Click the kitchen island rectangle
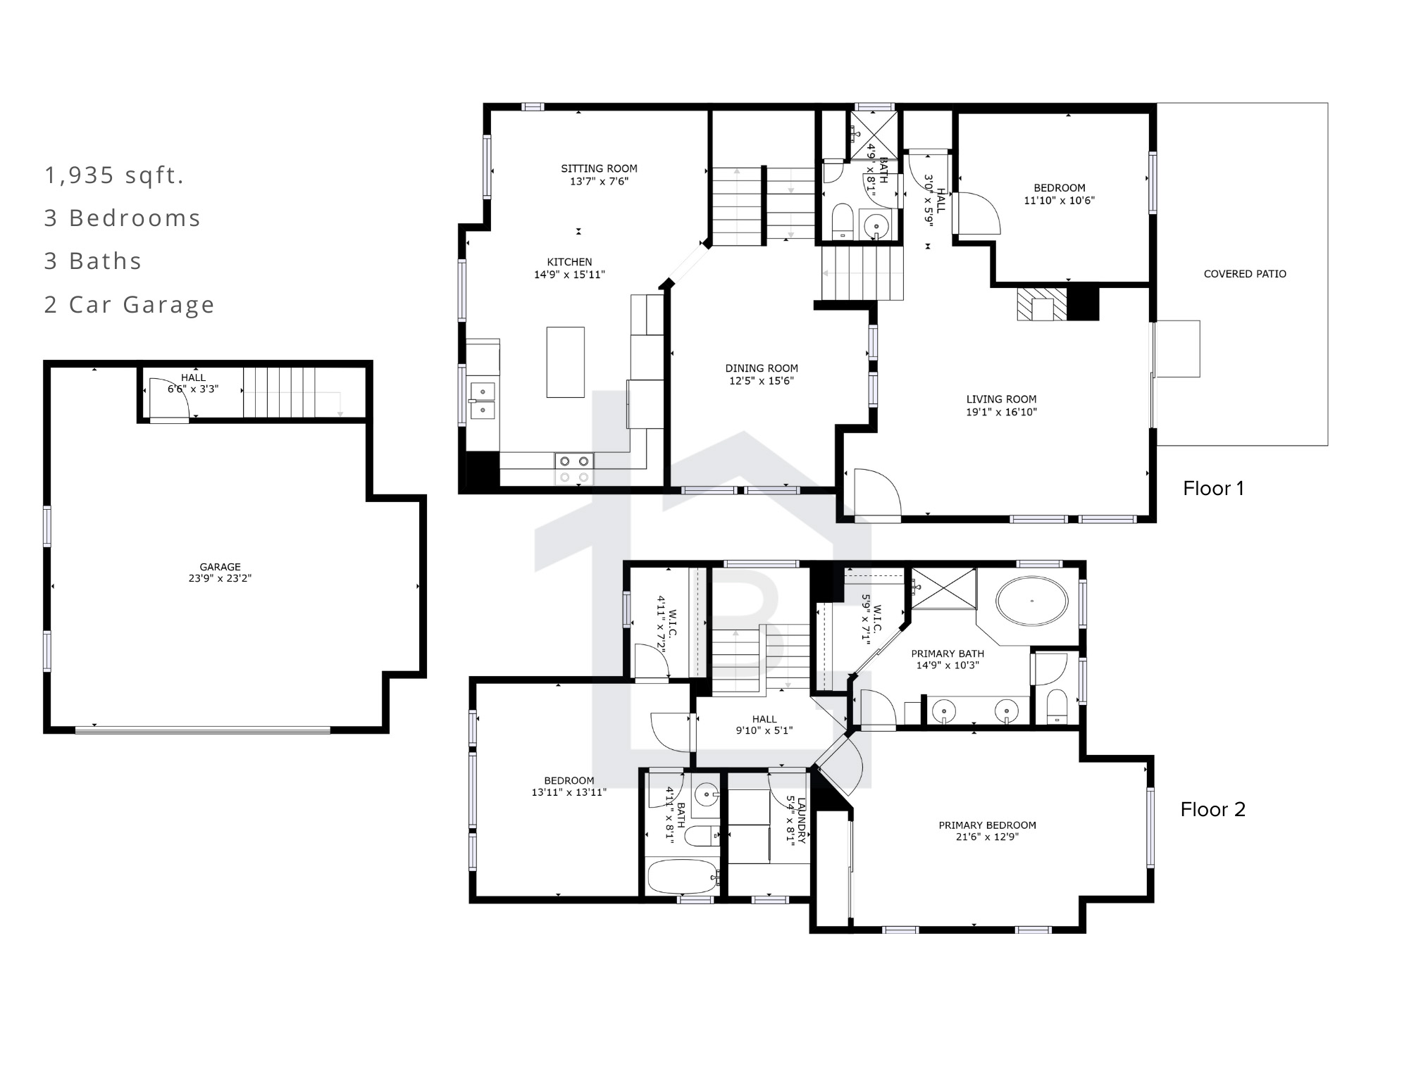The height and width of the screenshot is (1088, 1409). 565,362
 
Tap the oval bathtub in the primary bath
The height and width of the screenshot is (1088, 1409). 1031,601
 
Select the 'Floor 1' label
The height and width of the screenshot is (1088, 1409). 1213,488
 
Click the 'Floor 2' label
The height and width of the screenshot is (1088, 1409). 1213,809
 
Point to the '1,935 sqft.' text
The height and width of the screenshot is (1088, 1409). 114,175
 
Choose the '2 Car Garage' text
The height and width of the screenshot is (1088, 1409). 130,304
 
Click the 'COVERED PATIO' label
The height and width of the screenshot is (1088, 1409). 1245,274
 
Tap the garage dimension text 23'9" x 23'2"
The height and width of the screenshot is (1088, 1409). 220,578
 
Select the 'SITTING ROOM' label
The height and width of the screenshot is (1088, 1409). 599,168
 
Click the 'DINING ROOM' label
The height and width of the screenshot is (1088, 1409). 762,368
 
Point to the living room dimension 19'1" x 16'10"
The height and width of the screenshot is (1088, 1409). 1001,412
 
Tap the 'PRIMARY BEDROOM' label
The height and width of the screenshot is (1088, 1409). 987,825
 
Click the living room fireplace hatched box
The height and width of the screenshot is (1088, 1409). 1042,304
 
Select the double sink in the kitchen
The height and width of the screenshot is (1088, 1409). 483,400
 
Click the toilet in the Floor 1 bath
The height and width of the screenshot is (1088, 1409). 842,220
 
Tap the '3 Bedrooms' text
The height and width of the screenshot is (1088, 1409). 123,218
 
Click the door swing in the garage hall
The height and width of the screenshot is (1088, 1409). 170,399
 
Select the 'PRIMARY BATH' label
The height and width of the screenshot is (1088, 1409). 948,654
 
